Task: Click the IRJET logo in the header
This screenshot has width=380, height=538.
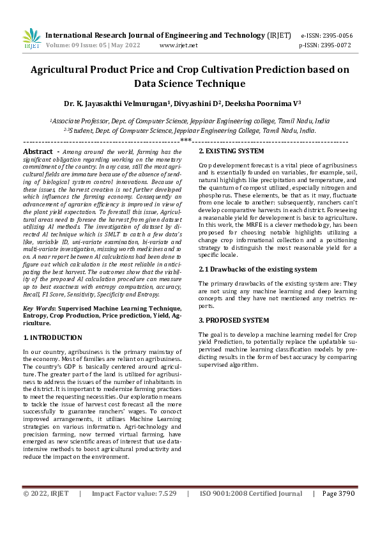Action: pyautogui.click(x=31, y=39)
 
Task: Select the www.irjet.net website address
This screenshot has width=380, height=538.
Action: pyautogui.click(x=178, y=45)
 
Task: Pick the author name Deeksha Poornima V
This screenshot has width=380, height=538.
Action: pyautogui.click(x=262, y=103)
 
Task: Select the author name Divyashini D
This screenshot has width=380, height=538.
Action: pyautogui.click(x=194, y=103)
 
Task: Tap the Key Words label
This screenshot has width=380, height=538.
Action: pyautogui.click(x=39, y=308)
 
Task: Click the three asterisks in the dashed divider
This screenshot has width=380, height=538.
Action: pyautogui.click(x=186, y=140)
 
